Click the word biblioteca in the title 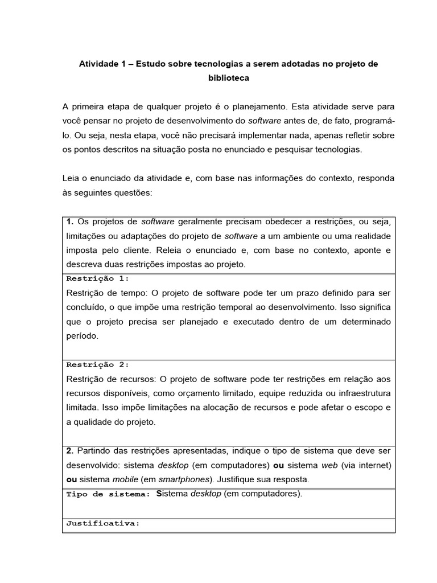pos(228,79)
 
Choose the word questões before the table pos(135,192)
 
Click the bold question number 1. pos(70,221)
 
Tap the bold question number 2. pos(70,451)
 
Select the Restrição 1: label pos(98,278)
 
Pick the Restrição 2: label pos(98,364)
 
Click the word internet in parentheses pos(374,465)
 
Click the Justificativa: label pos(103,523)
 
